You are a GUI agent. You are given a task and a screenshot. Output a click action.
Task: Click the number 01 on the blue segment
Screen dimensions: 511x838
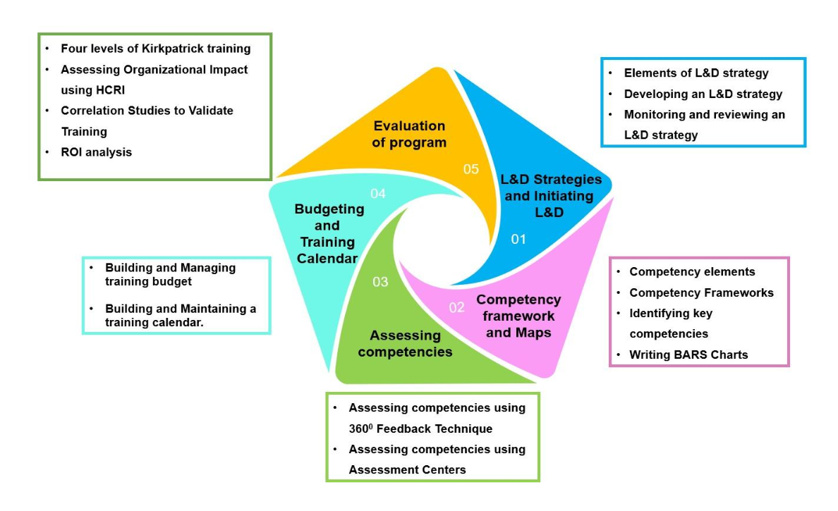click(518, 240)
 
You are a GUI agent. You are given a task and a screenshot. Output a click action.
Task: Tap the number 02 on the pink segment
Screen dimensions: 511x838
click(457, 307)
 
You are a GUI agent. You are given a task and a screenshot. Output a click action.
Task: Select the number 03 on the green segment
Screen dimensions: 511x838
click(380, 282)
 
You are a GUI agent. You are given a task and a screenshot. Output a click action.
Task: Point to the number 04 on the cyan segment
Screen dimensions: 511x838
click(378, 193)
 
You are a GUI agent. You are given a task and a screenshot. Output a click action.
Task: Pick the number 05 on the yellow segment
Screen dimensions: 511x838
click(470, 169)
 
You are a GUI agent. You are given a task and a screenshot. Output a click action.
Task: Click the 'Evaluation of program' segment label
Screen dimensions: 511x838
click(409, 134)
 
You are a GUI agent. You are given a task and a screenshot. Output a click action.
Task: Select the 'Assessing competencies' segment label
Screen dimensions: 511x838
click(405, 343)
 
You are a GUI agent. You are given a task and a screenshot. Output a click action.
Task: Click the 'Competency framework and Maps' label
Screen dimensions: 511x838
click(519, 316)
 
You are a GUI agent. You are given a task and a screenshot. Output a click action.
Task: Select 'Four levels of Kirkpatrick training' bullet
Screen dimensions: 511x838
click(155, 49)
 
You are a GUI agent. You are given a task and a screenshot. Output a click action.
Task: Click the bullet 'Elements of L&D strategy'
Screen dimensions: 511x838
click(696, 73)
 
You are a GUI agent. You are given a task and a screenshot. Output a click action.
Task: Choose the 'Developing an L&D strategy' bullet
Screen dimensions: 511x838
click(703, 94)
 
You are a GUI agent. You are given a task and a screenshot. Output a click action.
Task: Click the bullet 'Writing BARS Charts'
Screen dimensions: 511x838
click(688, 355)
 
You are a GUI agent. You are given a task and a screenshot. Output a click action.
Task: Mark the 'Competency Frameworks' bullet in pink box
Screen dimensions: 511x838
click(701, 293)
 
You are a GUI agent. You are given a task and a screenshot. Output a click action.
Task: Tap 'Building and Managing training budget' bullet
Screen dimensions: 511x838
click(170, 274)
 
